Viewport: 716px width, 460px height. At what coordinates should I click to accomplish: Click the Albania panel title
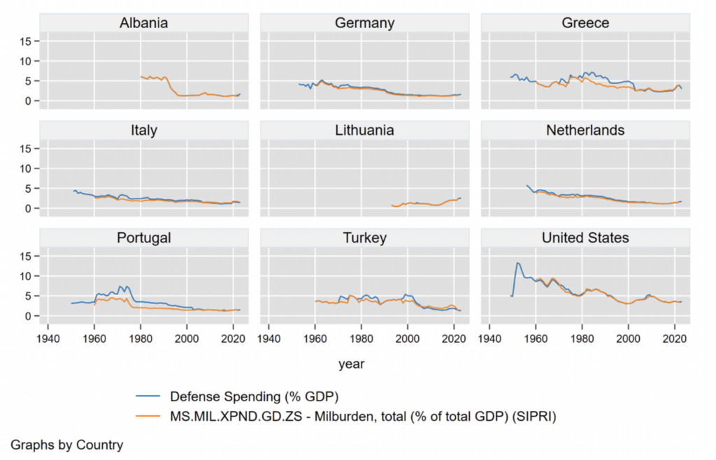[x=143, y=23]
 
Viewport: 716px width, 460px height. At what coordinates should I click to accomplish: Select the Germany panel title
[x=364, y=23]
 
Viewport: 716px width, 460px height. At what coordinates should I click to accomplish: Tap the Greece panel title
[x=585, y=23]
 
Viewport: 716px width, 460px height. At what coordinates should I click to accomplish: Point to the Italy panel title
[x=143, y=130]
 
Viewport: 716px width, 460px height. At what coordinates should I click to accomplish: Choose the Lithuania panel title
[x=364, y=130]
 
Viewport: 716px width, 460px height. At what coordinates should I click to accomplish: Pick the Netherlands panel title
[x=585, y=130]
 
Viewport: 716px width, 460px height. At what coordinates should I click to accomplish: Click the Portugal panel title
[x=143, y=238]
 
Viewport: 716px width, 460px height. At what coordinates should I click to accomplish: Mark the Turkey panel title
[x=364, y=238]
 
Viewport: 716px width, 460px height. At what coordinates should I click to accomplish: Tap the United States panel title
[x=585, y=238]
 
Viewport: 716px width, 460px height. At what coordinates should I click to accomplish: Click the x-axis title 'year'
[x=350, y=364]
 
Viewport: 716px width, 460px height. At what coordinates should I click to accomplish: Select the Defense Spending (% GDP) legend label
[x=254, y=397]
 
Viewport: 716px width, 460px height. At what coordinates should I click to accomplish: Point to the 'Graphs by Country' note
[x=67, y=445]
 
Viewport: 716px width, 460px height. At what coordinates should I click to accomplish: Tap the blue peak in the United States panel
[x=517, y=263]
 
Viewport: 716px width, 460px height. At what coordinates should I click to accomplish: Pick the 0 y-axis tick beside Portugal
[x=28, y=316]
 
